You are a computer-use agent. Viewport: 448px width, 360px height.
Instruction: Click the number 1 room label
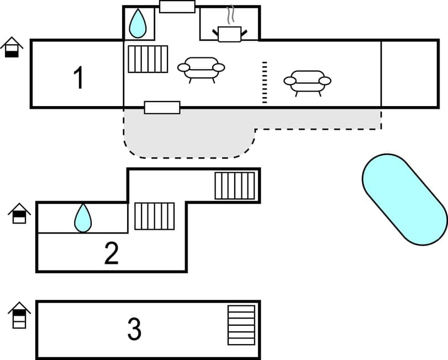(x=79, y=78)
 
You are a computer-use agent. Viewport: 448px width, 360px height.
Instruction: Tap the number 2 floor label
(x=112, y=253)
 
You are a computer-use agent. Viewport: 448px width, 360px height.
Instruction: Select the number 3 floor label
(x=134, y=329)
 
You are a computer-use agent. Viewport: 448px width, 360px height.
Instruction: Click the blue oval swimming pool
(x=404, y=199)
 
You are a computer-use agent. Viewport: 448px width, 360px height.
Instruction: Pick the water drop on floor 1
(x=138, y=24)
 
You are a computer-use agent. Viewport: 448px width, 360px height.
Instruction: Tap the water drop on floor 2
(x=83, y=218)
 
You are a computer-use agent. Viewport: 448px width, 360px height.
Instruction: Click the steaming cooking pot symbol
(x=229, y=31)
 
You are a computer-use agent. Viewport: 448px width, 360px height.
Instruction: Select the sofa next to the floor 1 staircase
(x=201, y=68)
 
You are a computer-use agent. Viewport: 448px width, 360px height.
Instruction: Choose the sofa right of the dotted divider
(x=308, y=82)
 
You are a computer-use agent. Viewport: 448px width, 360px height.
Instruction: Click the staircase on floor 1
(x=147, y=59)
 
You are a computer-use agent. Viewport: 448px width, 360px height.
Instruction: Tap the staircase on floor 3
(x=241, y=325)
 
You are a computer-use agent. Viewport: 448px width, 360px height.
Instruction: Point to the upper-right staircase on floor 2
(x=235, y=186)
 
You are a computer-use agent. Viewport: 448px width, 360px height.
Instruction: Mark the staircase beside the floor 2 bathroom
(x=155, y=216)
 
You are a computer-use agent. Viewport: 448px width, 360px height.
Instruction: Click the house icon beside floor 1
(x=12, y=47)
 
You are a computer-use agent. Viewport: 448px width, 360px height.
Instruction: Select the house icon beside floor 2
(x=19, y=213)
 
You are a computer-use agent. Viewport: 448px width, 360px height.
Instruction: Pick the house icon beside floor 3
(x=19, y=315)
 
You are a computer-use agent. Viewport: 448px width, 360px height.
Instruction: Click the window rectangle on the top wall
(x=177, y=7)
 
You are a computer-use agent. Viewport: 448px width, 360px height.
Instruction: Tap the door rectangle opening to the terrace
(x=162, y=108)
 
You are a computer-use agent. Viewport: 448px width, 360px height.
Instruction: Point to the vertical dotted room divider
(x=265, y=82)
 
